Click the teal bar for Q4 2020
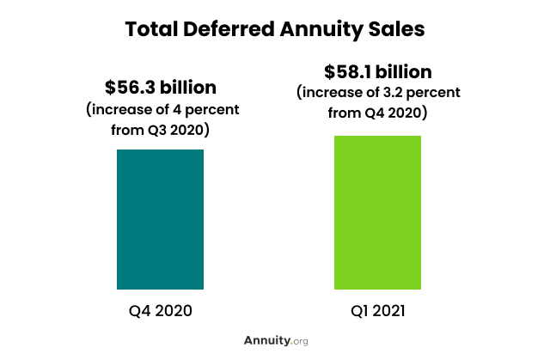point(160,219)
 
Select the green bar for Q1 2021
point(377,212)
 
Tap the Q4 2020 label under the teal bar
point(161,309)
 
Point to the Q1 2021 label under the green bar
point(378,309)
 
